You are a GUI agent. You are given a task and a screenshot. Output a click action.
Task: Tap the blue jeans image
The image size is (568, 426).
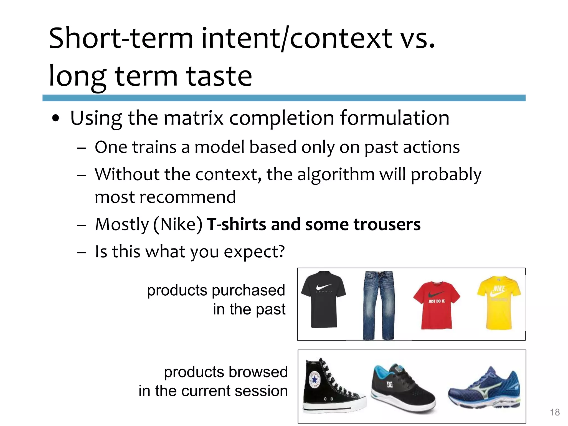[378, 305]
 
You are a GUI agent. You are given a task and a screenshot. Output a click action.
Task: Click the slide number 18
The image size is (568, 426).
[555, 412]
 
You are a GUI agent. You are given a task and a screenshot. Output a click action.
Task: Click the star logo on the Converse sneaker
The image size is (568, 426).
[315, 379]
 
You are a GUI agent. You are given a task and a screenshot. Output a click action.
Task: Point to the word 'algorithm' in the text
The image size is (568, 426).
[336, 174]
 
